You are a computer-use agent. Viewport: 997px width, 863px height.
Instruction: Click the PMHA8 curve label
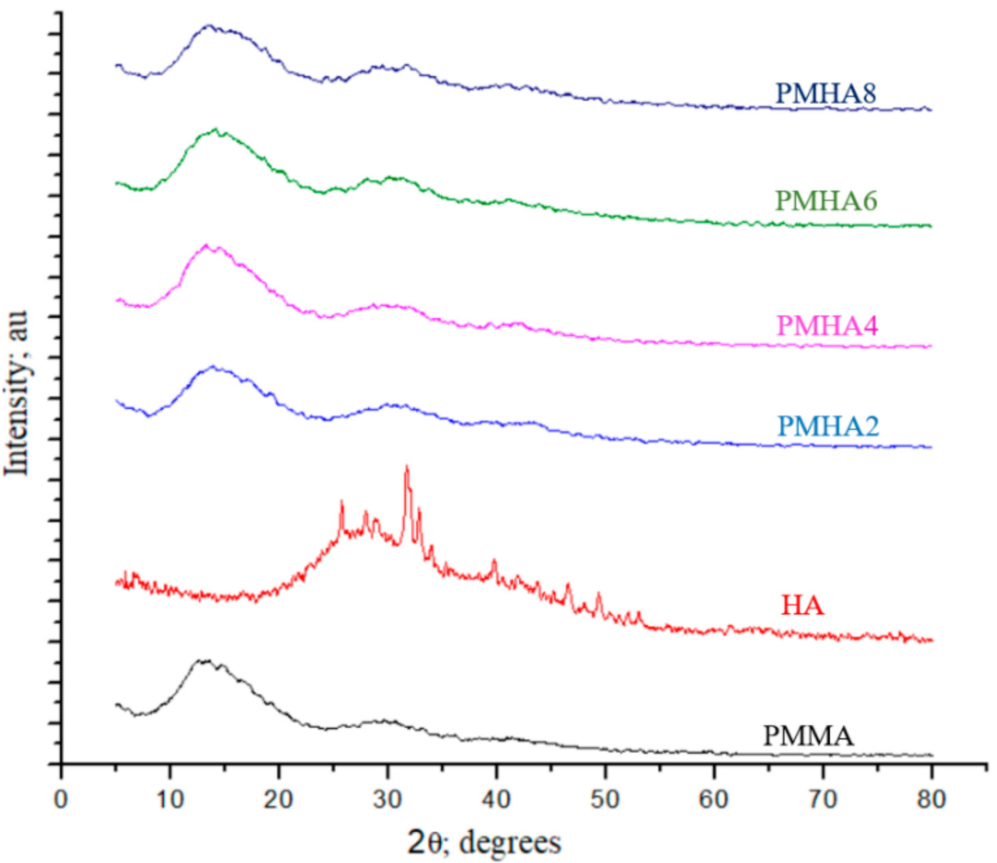pos(825,94)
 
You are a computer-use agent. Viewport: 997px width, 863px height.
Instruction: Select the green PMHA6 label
pos(825,201)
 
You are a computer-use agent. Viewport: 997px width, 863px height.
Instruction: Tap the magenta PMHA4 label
pos(827,325)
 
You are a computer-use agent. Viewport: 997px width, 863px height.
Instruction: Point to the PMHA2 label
pos(828,426)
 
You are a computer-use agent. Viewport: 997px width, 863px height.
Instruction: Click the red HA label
pos(802,605)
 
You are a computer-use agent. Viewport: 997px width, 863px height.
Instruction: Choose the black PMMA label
pos(808,736)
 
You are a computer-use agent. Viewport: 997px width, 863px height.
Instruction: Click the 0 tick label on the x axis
pos(62,798)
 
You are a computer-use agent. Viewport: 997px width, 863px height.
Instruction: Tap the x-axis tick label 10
pos(169,798)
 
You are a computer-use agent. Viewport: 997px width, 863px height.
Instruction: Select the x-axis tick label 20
pos(278,798)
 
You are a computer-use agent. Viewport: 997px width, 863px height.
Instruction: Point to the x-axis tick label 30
pos(387,798)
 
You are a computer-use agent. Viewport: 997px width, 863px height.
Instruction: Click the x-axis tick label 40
pos(496,798)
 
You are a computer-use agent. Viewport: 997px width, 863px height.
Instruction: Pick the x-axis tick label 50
pos(605,798)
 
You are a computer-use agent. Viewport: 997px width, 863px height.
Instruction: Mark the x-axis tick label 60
pos(713,798)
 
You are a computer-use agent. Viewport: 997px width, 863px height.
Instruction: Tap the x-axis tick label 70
pos(822,798)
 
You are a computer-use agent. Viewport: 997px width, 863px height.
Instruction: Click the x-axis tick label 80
pos(931,798)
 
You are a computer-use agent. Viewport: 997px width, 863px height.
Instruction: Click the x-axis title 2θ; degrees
pos(484,843)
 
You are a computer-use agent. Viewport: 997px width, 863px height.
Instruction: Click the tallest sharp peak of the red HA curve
pos(407,467)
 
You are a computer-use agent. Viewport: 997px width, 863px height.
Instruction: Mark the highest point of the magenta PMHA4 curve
pos(205,245)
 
